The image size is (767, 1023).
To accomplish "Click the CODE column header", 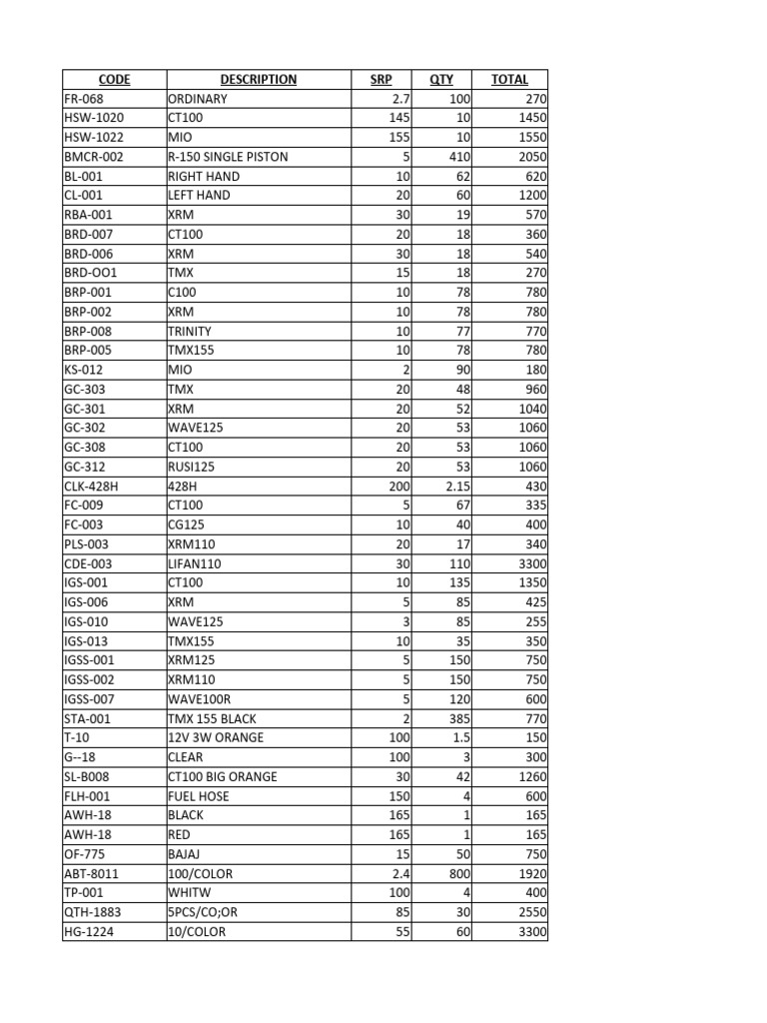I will click(x=115, y=80).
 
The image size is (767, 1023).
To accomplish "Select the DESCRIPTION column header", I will click(x=259, y=80).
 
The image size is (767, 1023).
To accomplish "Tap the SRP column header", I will click(x=382, y=80).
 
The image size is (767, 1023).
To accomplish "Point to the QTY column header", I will click(x=441, y=80).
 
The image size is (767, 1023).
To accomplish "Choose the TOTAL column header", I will click(x=510, y=80).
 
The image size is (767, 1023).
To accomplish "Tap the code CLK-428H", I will click(x=92, y=487).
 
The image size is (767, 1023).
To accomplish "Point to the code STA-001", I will click(x=88, y=719).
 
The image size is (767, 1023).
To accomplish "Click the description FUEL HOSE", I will click(x=199, y=796).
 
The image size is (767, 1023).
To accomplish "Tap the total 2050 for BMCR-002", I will click(x=531, y=157).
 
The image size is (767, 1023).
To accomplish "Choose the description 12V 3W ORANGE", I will click(x=216, y=738).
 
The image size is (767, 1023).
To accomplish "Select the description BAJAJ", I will click(x=186, y=855).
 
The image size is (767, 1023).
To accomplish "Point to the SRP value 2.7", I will click(x=397, y=99).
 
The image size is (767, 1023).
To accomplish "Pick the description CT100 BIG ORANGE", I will click(x=223, y=777).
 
